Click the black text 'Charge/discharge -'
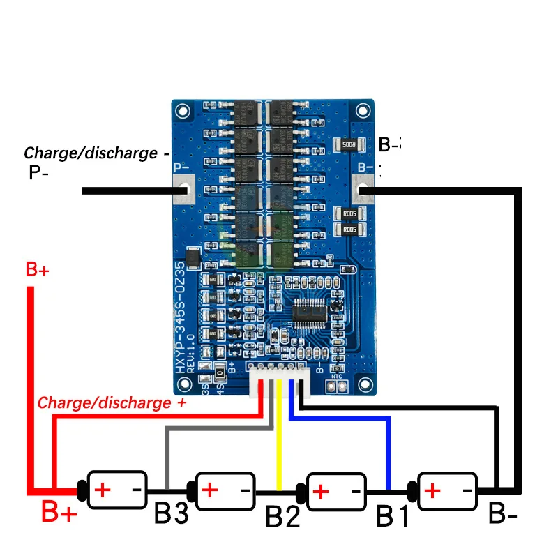click(x=97, y=153)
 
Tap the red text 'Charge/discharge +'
click(x=112, y=402)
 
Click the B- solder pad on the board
click(x=363, y=189)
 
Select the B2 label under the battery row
click(x=283, y=517)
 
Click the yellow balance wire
click(x=279, y=446)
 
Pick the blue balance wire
click(x=388, y=446)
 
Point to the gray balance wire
click(x=166, y=453)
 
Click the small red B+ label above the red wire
click(x=37, y=271)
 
